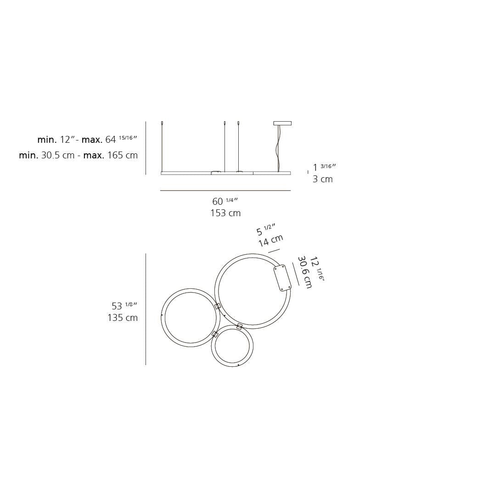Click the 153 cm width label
click(x=225, y=213)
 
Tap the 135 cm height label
click(x=122, y=318)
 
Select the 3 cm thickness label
click(x=322, y=179)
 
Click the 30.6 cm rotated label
click(x=304, y=272)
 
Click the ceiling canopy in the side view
click(x=282, y=123)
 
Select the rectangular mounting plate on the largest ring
click(x=282, y=278)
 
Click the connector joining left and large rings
click(x=218, y=306)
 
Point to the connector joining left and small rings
click(x=214, y=334)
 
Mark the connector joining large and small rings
click(x=239, y=326)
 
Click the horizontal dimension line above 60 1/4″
click(x=225, y=191)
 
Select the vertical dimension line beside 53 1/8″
click(x=146, y=309)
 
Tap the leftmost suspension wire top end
click(x=162, y=123)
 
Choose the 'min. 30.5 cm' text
click(x=46, y=155)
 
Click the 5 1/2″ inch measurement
click(x=265, y=230)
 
